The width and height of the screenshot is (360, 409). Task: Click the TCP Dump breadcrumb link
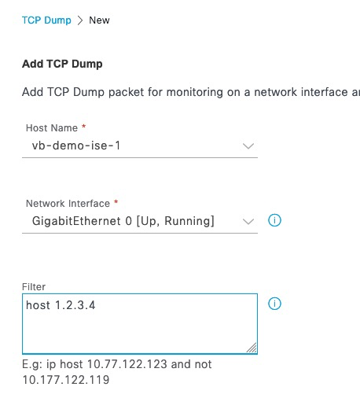pos(46,20)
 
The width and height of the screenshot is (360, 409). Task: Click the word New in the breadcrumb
pos(99,20)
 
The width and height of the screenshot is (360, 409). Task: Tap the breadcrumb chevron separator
pos(80,20)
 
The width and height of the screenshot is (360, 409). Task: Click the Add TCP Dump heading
pos(62,64)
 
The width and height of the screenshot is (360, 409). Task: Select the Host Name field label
pos(52,128)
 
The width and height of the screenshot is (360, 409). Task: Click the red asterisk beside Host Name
pos(83,127)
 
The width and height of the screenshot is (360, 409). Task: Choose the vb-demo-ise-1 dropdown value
pos(76,146)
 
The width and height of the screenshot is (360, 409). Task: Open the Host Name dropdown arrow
pos(248,146)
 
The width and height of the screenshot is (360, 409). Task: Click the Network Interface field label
pos(68,204)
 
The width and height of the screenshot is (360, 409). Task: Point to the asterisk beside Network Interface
pos(116,202)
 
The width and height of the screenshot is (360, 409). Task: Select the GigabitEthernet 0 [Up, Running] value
pos(123,221)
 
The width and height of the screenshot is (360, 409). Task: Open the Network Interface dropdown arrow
pos(248,222)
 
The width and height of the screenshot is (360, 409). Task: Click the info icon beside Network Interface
pos(274,220)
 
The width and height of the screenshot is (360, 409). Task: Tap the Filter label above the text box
pos(34,287)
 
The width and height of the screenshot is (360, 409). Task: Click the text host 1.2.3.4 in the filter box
pos(61,305)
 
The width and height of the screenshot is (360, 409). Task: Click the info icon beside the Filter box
pos(274,304)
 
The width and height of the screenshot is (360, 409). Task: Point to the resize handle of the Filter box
pos(252,348)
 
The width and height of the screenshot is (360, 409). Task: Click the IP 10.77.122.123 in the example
pos(127,364)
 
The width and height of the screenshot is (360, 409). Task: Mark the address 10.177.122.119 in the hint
pos(66,380)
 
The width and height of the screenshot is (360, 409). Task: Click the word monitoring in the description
pos(195,93)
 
